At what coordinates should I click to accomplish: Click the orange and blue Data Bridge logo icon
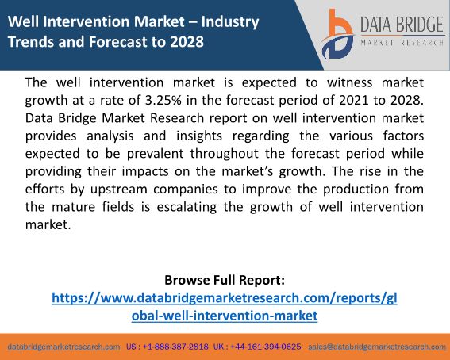337,34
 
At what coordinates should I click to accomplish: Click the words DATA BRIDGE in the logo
402,25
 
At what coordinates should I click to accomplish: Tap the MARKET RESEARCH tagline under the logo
402,43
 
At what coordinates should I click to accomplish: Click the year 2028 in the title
187,41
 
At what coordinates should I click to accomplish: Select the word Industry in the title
230,22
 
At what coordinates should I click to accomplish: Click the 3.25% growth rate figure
163,100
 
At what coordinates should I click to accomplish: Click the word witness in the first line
350,82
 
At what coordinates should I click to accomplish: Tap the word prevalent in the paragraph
155,154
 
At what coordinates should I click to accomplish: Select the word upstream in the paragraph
118,190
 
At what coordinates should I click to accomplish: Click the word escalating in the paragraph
187,207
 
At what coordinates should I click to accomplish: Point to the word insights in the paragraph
199,136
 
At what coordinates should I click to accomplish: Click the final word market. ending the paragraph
48,224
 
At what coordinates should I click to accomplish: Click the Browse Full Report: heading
225,280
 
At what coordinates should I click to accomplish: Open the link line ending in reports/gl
225,298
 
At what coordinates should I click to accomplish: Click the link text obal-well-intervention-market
225,316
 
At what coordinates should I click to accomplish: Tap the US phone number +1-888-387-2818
175,347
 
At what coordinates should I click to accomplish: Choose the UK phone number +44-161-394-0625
265,347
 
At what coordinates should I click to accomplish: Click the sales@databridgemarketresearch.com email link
377,347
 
